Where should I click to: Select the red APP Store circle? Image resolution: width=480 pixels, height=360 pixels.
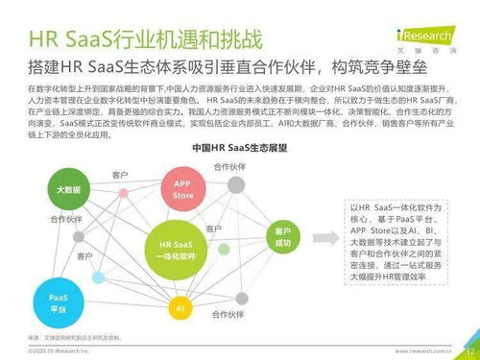(181, 188)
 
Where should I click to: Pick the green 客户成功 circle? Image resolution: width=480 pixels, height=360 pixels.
(282, 237)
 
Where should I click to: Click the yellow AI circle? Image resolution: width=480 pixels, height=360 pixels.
(179, 309)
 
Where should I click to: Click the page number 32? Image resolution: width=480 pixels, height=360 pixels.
(469, 350)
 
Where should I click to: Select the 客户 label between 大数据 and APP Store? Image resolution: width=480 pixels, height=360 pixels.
(119, 176)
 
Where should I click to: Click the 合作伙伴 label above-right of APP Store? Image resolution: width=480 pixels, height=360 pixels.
(228, 167)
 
